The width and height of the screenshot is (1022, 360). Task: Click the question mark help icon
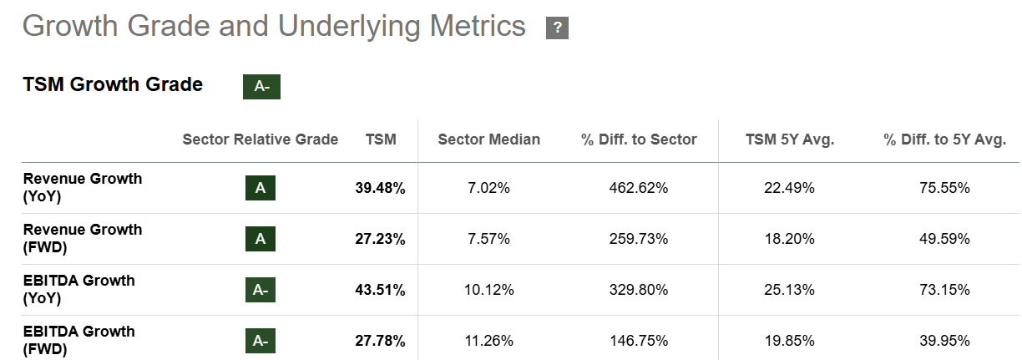coord(557,28)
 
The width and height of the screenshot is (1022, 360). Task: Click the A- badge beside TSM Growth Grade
coord(261,86)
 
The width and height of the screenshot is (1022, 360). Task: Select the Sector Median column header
coord(488,139)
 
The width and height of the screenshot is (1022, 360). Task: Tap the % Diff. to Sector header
coord(639,139)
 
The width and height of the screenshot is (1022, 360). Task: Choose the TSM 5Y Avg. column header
coord(789,139)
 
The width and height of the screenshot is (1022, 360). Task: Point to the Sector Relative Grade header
coord(261,139)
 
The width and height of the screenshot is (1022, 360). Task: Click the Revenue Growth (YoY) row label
coord(82,188)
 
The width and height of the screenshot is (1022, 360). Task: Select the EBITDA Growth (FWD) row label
coord(78,340)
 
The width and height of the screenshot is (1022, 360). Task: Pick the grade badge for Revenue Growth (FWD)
coord(261,239)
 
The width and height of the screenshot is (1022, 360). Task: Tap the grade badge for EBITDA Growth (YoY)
coord(261,290)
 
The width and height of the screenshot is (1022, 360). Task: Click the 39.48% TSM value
coord(380,189)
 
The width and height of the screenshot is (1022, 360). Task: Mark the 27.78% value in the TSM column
coord(380,341)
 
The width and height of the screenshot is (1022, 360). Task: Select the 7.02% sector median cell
coord(488,189)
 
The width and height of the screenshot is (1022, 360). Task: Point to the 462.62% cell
coord(639,189)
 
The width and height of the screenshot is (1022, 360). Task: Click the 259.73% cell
coord(639,240)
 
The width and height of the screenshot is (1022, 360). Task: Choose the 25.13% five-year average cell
coord(789,290)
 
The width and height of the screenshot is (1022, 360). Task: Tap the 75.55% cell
coord(944,189)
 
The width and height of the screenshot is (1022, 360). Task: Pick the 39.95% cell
coord(944,341)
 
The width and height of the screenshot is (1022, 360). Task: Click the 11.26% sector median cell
coord(488,341)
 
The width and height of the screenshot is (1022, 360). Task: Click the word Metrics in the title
coord(478,27)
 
